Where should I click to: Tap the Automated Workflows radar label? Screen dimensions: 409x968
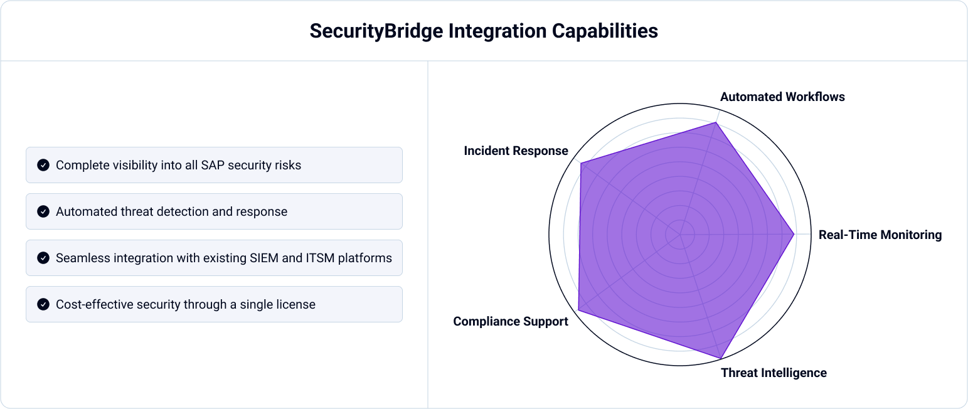(x=782, y=97)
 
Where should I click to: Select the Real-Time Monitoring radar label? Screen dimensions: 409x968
(x=880, y=235)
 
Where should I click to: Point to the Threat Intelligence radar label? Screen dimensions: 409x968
(x=774, y=373)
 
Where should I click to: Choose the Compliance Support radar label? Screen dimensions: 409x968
(x=511, y=321)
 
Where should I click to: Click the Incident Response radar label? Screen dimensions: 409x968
(x=516, y=151)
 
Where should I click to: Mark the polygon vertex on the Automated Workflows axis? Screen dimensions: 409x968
(x=716, y=123)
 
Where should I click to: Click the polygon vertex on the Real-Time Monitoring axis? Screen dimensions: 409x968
(x=794, y=235)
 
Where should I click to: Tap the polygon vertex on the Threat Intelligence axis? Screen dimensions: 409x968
(x=720, y=358)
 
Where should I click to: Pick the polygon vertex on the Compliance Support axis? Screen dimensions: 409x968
(x=578, y=310)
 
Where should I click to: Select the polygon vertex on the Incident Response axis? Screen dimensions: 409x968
(x=582, y=164)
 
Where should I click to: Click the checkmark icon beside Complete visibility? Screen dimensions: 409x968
(x=43, y=165)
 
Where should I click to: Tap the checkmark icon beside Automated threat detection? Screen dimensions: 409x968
(x=43, y=211)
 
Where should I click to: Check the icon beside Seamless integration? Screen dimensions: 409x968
(x=43, y=258)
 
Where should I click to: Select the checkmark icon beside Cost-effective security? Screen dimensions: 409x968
(x=43, y=304)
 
